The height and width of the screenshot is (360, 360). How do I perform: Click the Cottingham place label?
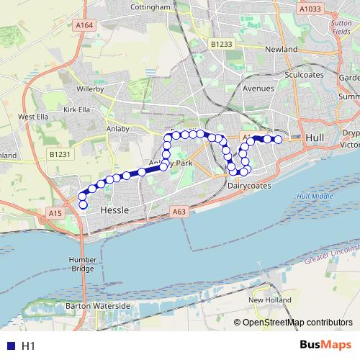tap(150, 7)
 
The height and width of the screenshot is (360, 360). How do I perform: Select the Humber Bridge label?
tap(83, 264)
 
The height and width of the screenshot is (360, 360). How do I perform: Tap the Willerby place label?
tap(90, 89)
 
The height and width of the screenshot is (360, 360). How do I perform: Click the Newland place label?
tap(281, 49)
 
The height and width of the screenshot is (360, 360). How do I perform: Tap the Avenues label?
tap(258, 88)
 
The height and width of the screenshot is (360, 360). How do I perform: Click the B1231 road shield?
tap(60, 154)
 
